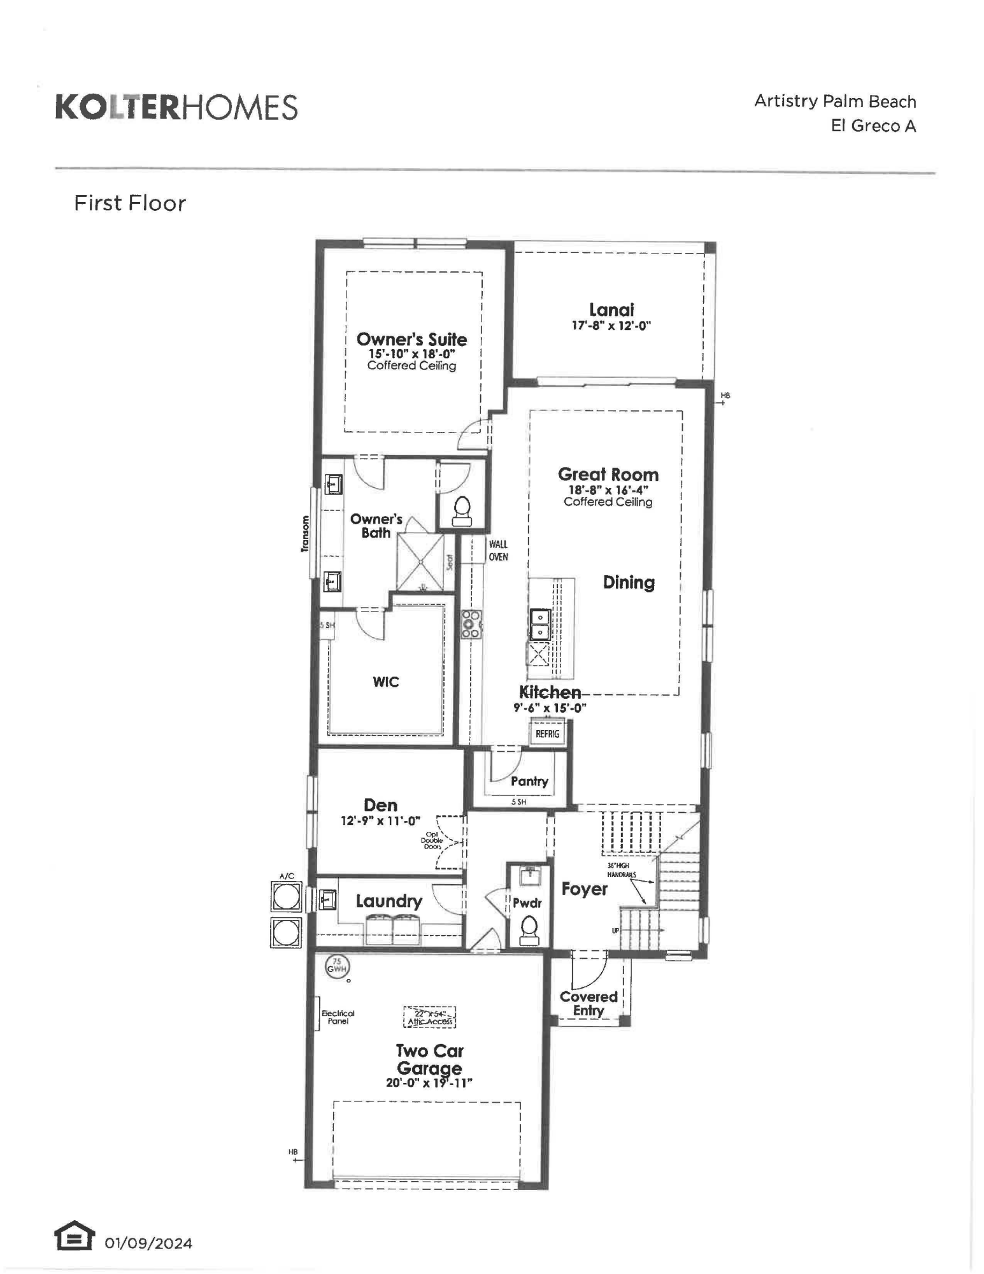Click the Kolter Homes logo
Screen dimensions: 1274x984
pyautogui.click(x=176, y=107)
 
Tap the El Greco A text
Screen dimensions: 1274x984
pyautogui.click(x=873, y=125)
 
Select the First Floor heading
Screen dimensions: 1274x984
pyautogui.click(x=130, y=203)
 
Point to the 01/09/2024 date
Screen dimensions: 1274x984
pyautogui.click(x=148, y=1243)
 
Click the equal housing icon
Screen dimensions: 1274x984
pyautogui.click(x=74, y=1236)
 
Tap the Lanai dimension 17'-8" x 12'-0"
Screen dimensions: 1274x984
pyautogui.click(x=611, y=326)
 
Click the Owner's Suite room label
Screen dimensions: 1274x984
pyautogui.click(x=411, y=339)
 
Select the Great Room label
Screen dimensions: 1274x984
pyautogui.click(x=608, y=475)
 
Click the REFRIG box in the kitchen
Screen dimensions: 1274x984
pyautogui.click(x=547, y=734)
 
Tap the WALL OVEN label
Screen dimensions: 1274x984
pyautogui.click(x=498, y=550)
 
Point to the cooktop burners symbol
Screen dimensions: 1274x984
pyautogui.click(x=471, y=624)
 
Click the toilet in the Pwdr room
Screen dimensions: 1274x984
pyautogui.click(x=529, y=931)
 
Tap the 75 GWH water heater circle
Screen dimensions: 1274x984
pyautogui.click(x=337, y=966)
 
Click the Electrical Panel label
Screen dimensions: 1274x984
pyautogui.click(x=338, y=1017)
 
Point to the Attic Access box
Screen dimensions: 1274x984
pyautogui.click(x=430, y=1017)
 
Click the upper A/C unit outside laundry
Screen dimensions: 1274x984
pyautogui.click(x=286, y=897)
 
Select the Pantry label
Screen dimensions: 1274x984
pyautogui.click(x=529, y=781)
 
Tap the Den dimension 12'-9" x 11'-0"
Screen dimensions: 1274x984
pyautogui.click(x=380, y=821)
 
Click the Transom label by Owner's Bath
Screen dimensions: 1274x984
pyautogui.click(x=305, y=533)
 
